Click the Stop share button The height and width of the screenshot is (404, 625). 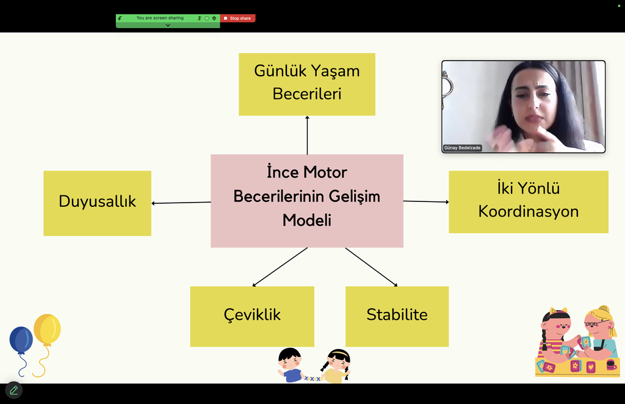(x=237, y=18)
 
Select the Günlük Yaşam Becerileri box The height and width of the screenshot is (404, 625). (x=307, y=84)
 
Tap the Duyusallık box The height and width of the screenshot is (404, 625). (x=97, y=203)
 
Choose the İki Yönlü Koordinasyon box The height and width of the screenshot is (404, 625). (x=529, y=202)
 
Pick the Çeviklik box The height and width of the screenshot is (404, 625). (x=252, y=316)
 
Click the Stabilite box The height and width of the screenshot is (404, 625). (x=397, y=316)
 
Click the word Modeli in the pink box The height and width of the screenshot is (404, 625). (x=307, y=220)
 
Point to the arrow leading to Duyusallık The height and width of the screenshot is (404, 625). (x=181, y=203)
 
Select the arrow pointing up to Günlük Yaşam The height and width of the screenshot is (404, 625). (x=308, y=135)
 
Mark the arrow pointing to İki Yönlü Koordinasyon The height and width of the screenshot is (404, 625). (x=426, y=201)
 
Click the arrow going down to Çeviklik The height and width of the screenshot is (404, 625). (x=280, y=267)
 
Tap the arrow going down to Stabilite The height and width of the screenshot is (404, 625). (x=372, y=267)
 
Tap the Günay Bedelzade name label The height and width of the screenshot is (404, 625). (x=463, y=148)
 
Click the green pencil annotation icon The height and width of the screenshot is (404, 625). (x=14, y=391)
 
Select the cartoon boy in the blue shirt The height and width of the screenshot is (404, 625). (x=291, y=366)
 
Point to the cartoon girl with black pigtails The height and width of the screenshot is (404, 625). (x=337, y=366)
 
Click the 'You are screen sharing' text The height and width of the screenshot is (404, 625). (x=160, y=18)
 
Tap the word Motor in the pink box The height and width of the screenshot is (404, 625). (x=325, y=173)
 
